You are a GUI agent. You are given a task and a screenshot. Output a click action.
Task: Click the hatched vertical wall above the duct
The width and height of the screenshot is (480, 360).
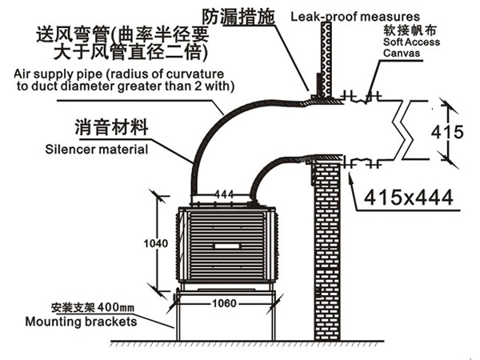(x=326, y=52)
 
